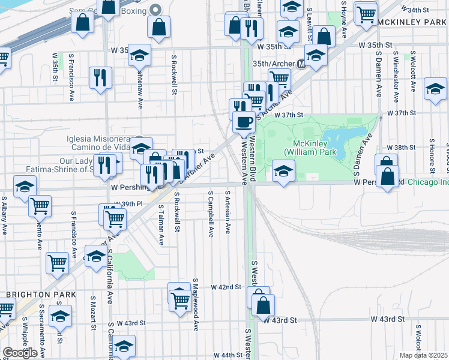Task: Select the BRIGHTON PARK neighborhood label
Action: tap(41, 295)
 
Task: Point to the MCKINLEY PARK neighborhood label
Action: tap(413, 22)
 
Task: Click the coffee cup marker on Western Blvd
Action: tap(243, 122)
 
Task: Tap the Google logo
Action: tap(20, 352)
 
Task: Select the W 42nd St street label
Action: tap(226, 287)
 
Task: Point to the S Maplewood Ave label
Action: tap(196, 304)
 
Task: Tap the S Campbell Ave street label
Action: tap(211, 214)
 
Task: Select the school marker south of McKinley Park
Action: tap(283, 170)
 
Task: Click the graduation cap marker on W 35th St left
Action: tap(139, 56)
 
